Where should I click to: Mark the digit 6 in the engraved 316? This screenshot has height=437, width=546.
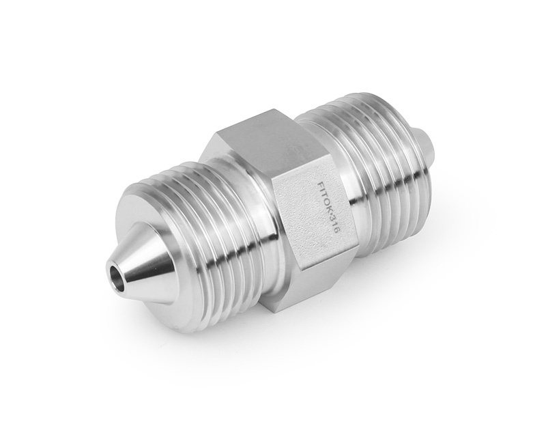tap(336, 232)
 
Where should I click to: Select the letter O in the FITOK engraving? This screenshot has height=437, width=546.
tap(327, 203)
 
